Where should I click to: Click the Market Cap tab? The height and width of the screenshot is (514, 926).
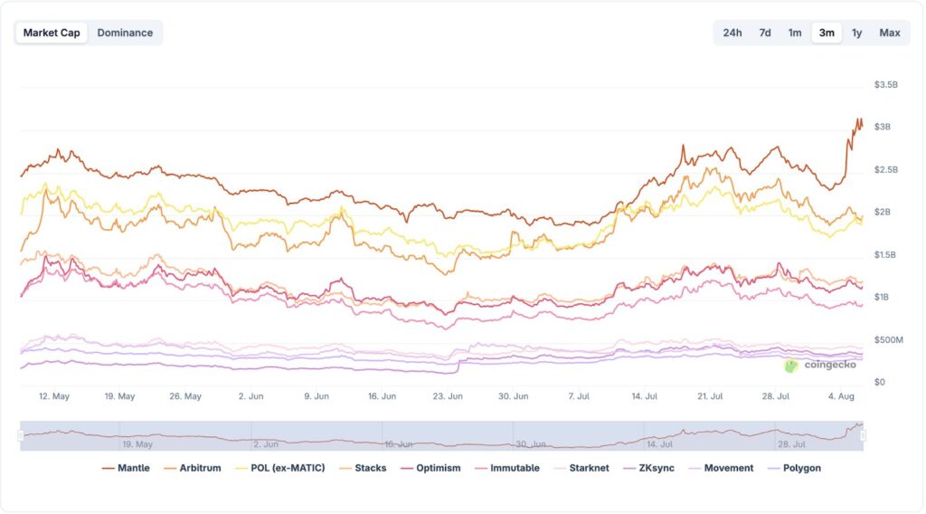[x=52, y=33]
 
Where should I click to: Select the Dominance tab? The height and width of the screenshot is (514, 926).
[x=125, y=33]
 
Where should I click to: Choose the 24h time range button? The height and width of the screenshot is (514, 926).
[x=732, y=33]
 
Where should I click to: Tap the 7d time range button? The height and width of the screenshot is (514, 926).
[x=765, y=33]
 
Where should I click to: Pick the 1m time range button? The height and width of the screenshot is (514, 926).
[x=795, y=33]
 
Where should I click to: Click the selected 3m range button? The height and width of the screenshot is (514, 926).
[x=827, y=33]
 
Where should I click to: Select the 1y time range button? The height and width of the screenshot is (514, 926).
[x=857, y=33]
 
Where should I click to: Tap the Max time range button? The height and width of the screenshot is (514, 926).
[x=890, y=33]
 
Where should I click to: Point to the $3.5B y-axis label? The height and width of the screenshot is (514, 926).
[x=886, y=84]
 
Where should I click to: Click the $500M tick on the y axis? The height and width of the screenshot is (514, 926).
[x=887, y=339]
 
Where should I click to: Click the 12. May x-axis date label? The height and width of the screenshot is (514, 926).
[x=54, y=396]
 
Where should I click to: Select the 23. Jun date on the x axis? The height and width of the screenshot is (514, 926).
[x=448, y=396]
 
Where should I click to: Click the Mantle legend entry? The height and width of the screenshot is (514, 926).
[x=126, y=468]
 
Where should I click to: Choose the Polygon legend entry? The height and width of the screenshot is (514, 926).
[x=793, y=468]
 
